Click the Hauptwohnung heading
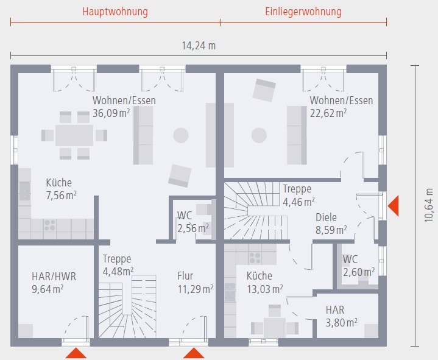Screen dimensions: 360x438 coord(115,12)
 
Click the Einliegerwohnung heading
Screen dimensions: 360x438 coord(303,12)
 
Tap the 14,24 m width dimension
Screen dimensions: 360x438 coord(199,45)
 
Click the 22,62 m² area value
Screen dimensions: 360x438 coord(328,113)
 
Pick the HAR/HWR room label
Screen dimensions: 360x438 coord(54,277)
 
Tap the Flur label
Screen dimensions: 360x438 coord(185,275)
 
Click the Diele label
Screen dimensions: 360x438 coord(326,217)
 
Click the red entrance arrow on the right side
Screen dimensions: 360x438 coord(394,205)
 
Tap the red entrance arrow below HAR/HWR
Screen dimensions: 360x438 coord(76,353)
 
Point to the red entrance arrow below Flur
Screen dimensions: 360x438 coord(194,353)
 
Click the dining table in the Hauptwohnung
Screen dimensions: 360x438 coord(74,135)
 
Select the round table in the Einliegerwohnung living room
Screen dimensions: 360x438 coord(260,135)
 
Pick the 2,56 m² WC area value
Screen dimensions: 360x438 coord(193,228)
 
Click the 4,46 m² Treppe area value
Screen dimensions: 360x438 coord(298,201)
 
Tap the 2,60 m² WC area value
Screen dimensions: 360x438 coord(358,272)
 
